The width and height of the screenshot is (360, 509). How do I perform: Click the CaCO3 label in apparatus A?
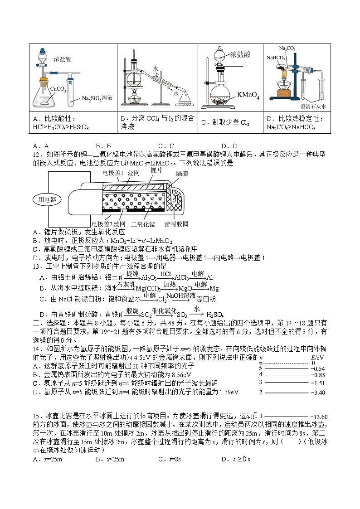click(58, 90)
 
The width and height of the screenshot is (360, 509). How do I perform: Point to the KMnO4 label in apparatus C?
click(248, 96)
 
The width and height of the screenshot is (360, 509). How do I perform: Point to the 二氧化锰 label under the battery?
click(143, 224)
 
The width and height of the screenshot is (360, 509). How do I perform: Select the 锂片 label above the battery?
click(156, 170)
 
